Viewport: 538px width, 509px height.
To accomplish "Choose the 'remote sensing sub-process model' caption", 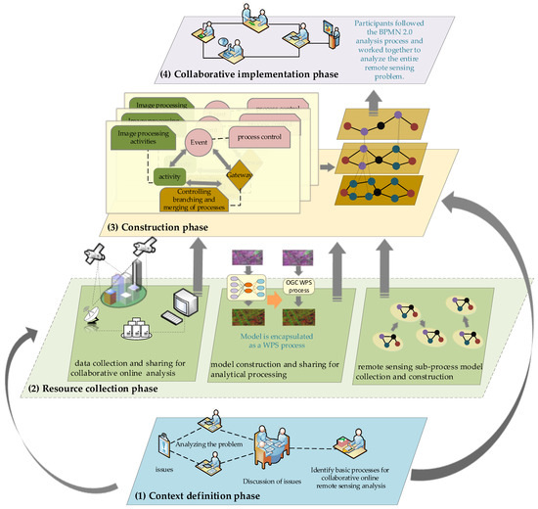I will [x=427, y=357].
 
